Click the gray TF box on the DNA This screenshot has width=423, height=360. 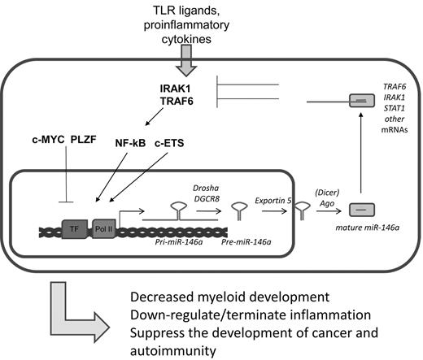pyautogui.click(x=75, y=227)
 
